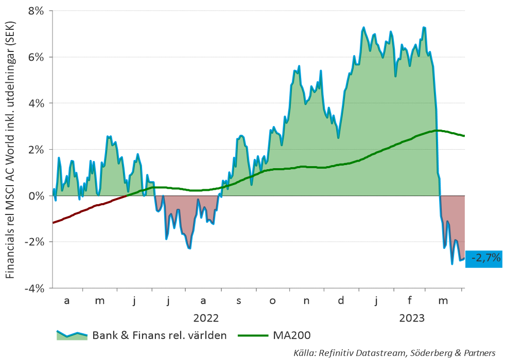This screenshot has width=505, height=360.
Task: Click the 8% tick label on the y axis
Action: click(36, 11)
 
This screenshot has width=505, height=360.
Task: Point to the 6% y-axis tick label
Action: click(36, 57)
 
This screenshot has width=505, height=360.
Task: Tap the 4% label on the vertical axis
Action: click(36, 103)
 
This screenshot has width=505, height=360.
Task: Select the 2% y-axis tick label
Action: click(36, 150)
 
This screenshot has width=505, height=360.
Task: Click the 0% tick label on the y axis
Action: click(36, 195)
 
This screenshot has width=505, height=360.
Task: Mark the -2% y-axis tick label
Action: click(33, 242)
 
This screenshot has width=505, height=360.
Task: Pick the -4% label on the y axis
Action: click(33, 289)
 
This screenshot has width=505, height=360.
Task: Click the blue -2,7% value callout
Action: click(484, 259)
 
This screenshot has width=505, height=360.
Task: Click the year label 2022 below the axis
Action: click(206, 318)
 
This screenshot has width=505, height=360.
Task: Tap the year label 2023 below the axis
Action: click(412, 318)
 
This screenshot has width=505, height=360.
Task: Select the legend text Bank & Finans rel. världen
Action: click(160, 335)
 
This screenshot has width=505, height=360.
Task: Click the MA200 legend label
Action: click(292, 335)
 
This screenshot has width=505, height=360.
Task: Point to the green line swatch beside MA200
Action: click(253, 335)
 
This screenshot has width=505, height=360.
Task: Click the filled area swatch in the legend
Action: click(72, 335)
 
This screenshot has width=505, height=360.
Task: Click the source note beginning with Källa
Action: click(394, 353)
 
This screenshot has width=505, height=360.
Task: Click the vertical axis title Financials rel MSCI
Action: click(10, 150)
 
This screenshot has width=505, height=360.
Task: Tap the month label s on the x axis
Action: click(239, 301)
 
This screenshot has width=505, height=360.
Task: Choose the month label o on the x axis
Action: click(272, 301)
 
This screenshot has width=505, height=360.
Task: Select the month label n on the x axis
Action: click(306, 301)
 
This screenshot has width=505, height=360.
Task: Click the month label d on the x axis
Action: click(341, 300)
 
